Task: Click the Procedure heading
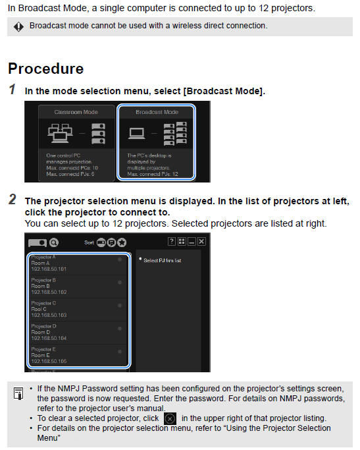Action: point(45,69)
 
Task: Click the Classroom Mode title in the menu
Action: point(76,112)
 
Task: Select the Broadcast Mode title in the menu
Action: point(157,112)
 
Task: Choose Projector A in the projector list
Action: point(43,256)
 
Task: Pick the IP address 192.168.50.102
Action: point(49,292)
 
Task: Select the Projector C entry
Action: point(43,303)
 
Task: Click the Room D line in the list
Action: point(40,332)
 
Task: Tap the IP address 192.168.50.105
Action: point(49,361)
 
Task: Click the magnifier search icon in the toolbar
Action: point(53,242)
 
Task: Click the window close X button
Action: point(201,242)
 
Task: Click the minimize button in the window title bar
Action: point(192,242)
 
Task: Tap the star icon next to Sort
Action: point(122,242)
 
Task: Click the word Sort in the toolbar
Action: point(90,242)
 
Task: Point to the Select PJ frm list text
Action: point(162,260)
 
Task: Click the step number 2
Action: point(13,200)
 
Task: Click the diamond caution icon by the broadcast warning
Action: point(18,26)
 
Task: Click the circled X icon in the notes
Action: point(170,418)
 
